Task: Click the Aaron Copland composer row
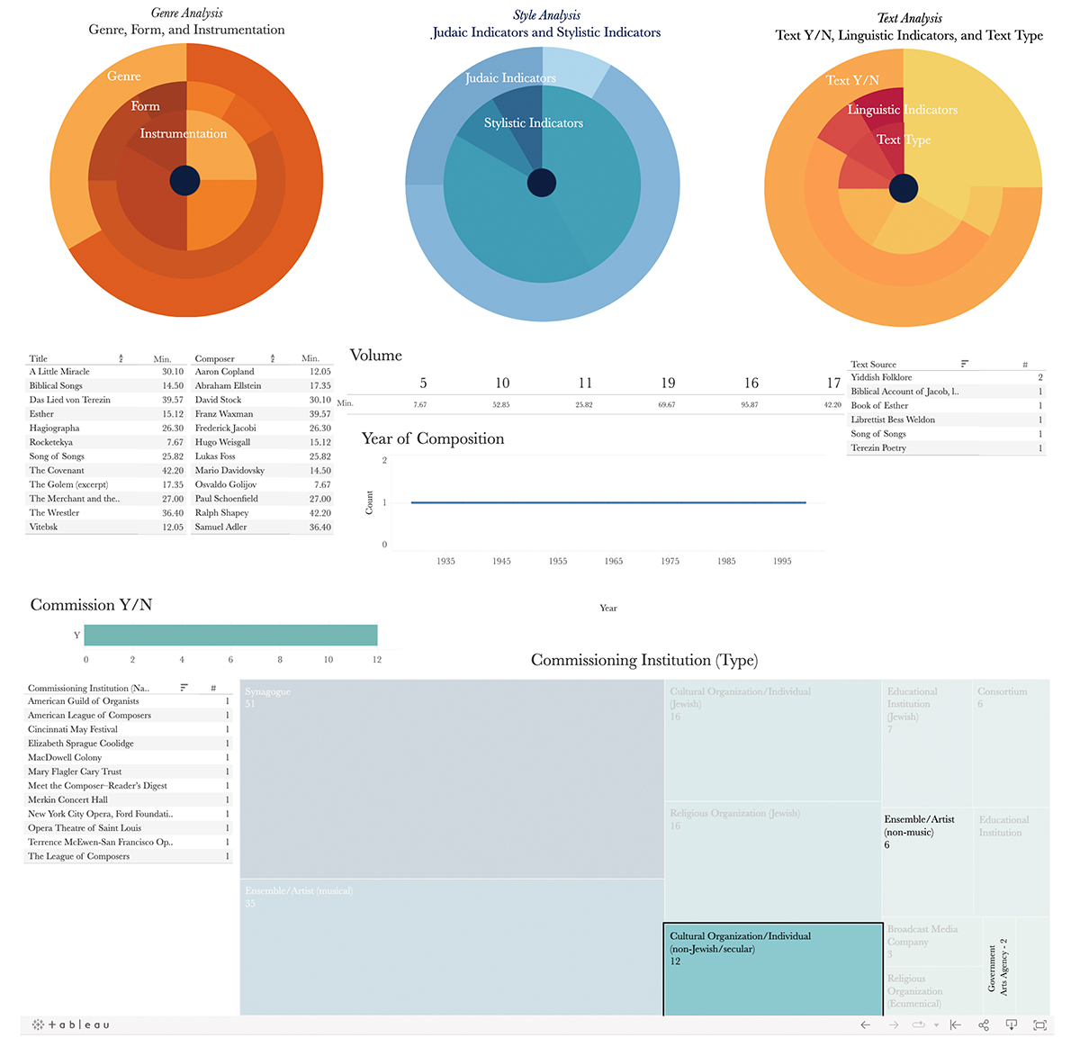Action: coord(225,372)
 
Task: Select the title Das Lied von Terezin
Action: coord(70,400)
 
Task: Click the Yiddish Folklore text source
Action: coord(881,378)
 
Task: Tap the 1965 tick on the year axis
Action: coord(614,561)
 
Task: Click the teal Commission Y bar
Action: coord(230,635)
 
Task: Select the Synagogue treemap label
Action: coord(267,692)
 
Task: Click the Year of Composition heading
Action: coord(433,439)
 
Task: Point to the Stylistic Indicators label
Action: coord(534,123)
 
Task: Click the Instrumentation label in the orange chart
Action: coord(184,134)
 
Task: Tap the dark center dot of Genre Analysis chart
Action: coord(184,181)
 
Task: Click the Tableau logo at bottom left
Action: coord(71,1024)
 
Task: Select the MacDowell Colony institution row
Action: coord(65,758)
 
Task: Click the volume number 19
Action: coord(668,384)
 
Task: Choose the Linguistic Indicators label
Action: coord(902,110)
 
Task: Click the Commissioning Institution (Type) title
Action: coord(644,661)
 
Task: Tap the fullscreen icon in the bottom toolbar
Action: coord(1040,1024)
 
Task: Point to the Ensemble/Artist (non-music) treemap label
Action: coord(919,826)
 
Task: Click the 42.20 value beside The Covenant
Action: coord(172,471)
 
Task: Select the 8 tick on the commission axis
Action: coord(280,660)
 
